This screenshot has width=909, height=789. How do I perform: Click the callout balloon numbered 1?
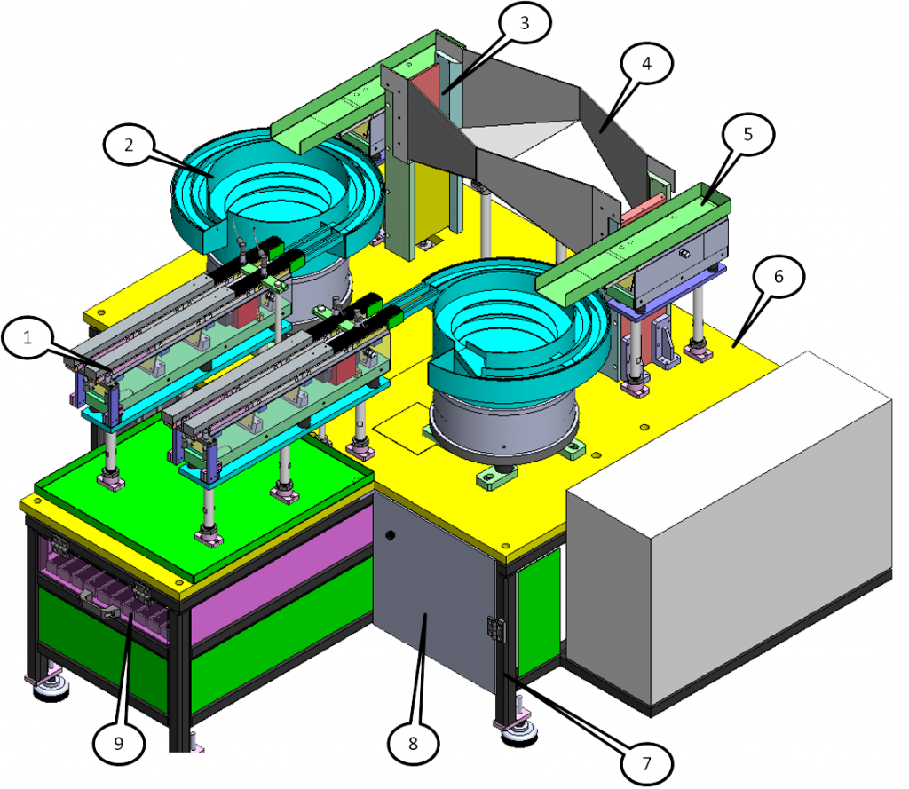click(28, 337)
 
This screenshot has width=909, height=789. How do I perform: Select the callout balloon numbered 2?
click(129, 145)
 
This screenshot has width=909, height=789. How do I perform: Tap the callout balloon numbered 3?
click(525, 22)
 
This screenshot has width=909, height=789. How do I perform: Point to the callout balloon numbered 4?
click(646, 63)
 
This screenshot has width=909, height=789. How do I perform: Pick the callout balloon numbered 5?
click(747, 134)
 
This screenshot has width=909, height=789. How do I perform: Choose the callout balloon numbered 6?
click(779, 277)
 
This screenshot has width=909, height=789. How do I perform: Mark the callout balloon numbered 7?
click(646, 764)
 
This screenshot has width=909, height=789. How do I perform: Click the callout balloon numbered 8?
click(413, 743)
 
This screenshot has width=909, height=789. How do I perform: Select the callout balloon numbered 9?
click(118, 743)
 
